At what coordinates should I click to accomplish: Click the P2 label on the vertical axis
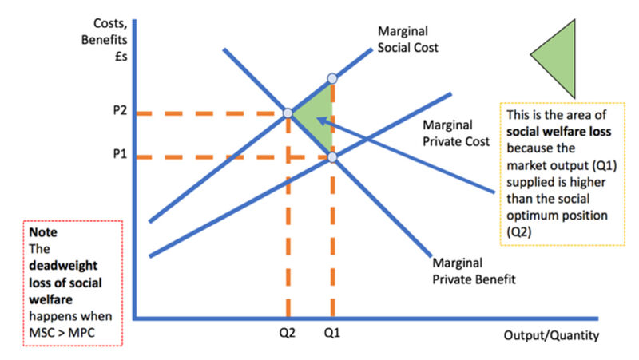[x=120, y=110]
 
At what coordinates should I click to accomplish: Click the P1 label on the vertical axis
[x=120, y=154]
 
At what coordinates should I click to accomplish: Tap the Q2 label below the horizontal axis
[x=288, y=333]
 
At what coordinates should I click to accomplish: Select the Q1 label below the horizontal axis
[x=331, y=333]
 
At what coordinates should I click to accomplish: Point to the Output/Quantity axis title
[x=551, y=335]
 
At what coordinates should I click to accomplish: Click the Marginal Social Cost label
[x=407, y=39]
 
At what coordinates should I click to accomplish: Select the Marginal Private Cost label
[x=456, y=133]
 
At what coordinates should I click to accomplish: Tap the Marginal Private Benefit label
[x=474, y=271]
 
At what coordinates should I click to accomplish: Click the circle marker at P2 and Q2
[x=288, y=113]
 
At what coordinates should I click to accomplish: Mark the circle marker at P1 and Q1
[x=332, y=157]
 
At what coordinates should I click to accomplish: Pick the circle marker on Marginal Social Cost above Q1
[x=332, y=78]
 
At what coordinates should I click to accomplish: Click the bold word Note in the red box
[x=43, y=232]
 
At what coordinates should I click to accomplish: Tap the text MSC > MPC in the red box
[x=62, y=333]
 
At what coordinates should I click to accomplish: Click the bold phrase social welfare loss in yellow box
[x=558, y=132]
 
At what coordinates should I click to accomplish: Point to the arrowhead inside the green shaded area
[x=321, y=121]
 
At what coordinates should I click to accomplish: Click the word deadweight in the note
[x=63, y=266]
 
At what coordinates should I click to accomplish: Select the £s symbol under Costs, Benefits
[x=121, y=57]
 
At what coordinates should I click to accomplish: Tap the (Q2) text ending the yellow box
[x=519, y=232]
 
